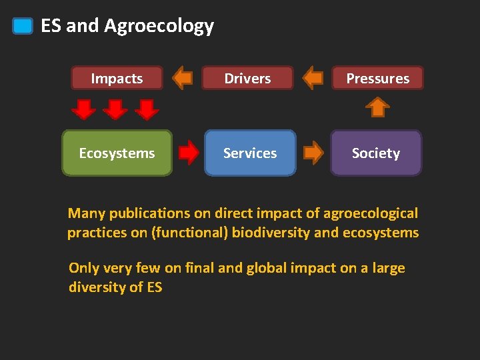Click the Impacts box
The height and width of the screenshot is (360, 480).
117,78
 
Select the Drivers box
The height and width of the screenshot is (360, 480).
247,78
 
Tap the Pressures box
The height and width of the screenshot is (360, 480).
377,78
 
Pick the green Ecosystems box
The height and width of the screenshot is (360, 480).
117,153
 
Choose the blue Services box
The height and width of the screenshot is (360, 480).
250,153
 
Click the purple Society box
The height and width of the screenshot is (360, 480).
376,153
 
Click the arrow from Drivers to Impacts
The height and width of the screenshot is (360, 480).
182,78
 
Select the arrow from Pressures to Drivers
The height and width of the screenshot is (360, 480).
313,78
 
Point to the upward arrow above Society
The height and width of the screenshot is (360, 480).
378,107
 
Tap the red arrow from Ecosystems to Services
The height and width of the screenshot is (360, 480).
189,153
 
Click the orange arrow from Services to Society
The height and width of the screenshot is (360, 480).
313,153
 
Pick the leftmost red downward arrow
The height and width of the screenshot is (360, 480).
85,109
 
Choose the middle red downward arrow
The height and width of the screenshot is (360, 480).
117,109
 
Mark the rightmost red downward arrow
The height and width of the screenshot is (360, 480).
148,109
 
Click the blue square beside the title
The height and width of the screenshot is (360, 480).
23,26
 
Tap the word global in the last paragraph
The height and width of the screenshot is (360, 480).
269,268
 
